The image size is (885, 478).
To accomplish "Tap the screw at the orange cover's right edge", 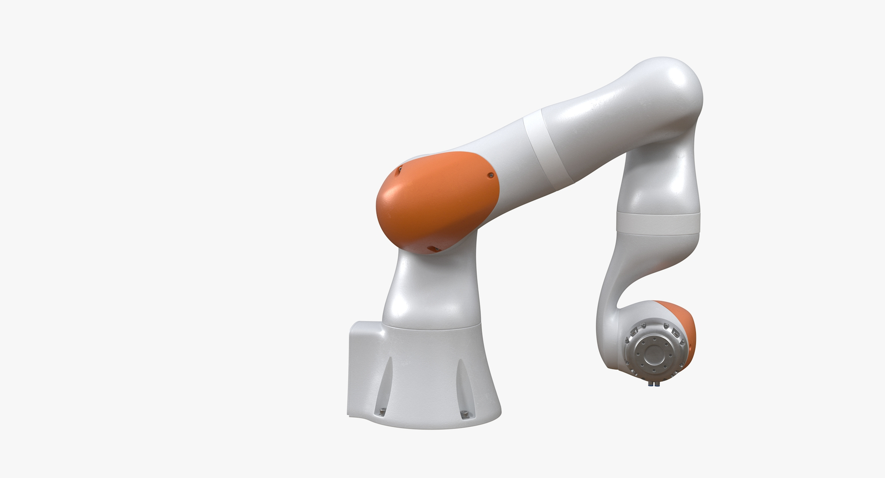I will pyautogui.click(x=492, y=175).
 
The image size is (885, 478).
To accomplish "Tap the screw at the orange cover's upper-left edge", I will pyautogui.click(x=400, y=169).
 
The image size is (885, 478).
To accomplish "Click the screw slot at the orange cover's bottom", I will pyautogui.click(x=432, y=249).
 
